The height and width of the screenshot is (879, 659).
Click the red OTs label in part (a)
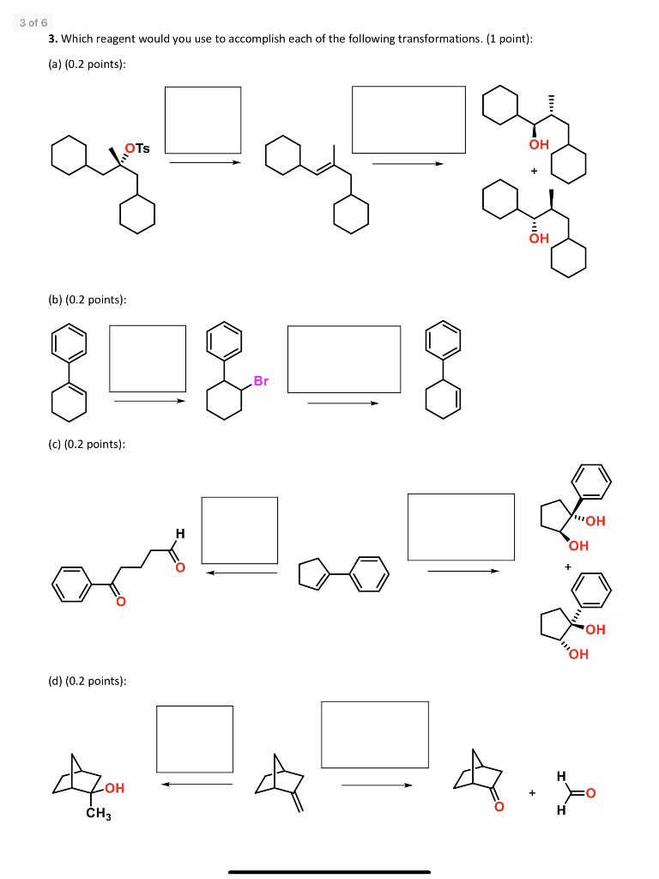tap(137, 149)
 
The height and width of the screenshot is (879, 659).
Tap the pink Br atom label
tap(260, 380)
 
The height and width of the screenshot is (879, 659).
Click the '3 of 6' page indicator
tap(34, 22)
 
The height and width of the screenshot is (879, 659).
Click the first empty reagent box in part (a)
tap(203, 119)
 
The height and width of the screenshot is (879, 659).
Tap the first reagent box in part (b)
tap(148, 356)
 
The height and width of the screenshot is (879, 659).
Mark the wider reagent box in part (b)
tap(344, 359)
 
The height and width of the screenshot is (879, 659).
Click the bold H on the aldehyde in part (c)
tap(178, 534)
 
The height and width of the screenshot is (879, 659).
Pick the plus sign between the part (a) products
tap(533, 171)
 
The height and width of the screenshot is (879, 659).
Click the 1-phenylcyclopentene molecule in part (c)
tap(342, 573)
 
